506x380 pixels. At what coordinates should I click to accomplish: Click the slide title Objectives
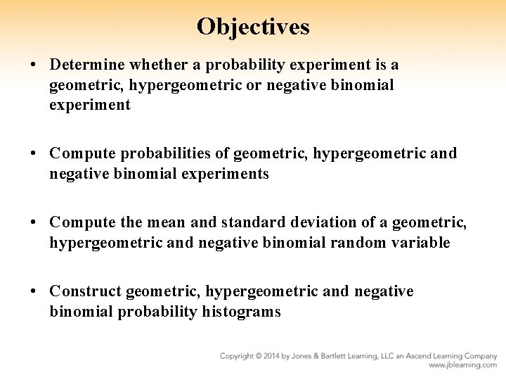click(253, 26)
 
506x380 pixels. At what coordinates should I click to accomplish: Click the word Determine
click(86, 65)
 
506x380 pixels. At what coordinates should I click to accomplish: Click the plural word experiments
click(229, 173)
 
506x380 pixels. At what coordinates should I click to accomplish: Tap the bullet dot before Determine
click(34, 65)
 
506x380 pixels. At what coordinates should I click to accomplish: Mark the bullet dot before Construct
click(34, 291)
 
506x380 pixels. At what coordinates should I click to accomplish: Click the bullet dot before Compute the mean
click(34, 222)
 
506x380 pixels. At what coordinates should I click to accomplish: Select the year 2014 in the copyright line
click(276, 356)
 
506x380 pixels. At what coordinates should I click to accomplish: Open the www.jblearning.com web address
click(462, 366)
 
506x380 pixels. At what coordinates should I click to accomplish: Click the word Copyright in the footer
click(238, 356)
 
